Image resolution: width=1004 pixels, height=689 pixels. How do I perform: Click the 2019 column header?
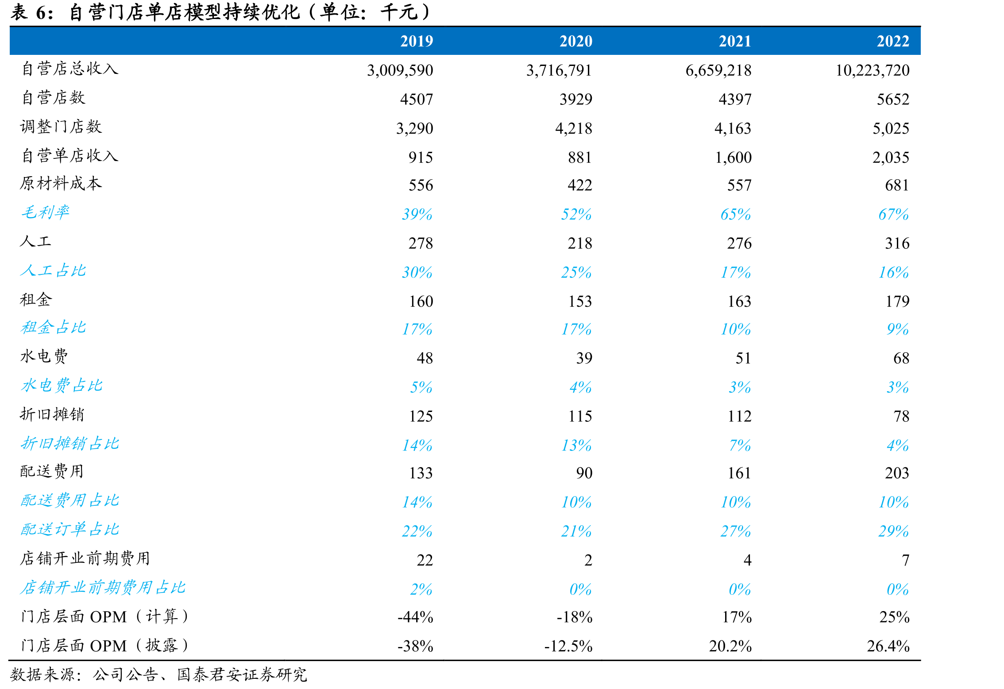click(x=417, y=41)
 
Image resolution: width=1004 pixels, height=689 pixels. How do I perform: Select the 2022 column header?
click(x=893, y=41)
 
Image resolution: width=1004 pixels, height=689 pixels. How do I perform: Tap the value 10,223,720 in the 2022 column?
click(x=873, y=70)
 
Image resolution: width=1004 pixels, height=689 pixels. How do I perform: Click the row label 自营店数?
click(x=54, y=98)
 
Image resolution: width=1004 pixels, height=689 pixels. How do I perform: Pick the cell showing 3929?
click(x=575, y=99)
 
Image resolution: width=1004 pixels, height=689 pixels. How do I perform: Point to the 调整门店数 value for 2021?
click(x=733, y=128)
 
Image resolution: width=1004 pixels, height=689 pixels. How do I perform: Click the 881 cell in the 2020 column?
click(x=580, y=158)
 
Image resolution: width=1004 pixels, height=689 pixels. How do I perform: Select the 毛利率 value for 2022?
click(x=893, y=215)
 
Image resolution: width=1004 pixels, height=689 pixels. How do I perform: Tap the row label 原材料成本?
click(x=61, y=184)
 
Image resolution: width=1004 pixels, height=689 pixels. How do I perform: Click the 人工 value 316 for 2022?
click(x=897, y=243)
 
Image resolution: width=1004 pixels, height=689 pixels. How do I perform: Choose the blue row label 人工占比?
click(x=53, y=270)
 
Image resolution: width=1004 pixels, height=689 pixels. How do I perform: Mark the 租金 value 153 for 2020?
click(x=580, y=302)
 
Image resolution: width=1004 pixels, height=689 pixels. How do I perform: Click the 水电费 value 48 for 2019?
click(x=425, y=358)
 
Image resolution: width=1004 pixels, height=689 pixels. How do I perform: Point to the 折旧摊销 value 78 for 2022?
click(x=901, y=416)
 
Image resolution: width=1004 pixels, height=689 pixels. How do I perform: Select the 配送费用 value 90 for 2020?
click(x=584, y=473)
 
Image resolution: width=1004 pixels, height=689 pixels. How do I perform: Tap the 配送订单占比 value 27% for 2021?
click(x=736, y=531)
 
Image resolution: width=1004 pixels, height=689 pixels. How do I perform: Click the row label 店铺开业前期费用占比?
click(x=103, y=588)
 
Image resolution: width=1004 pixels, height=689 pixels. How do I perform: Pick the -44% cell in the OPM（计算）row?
click(x=415, y=617)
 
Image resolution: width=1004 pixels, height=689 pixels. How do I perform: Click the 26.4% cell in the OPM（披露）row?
click(x=888, y=647)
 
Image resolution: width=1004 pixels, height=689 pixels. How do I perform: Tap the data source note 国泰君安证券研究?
click(x=242, y=675)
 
